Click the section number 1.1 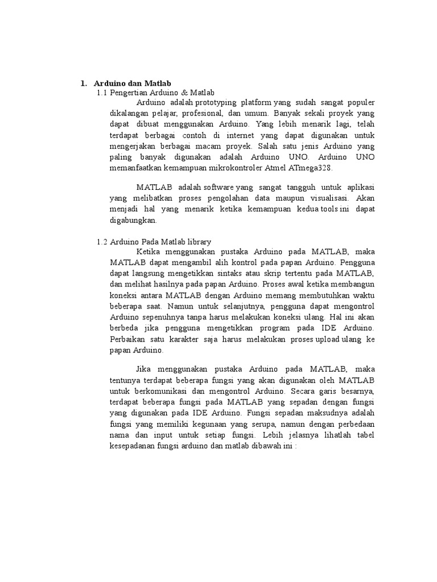click(x=102, y=92)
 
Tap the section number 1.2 click(x=102, y=242)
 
